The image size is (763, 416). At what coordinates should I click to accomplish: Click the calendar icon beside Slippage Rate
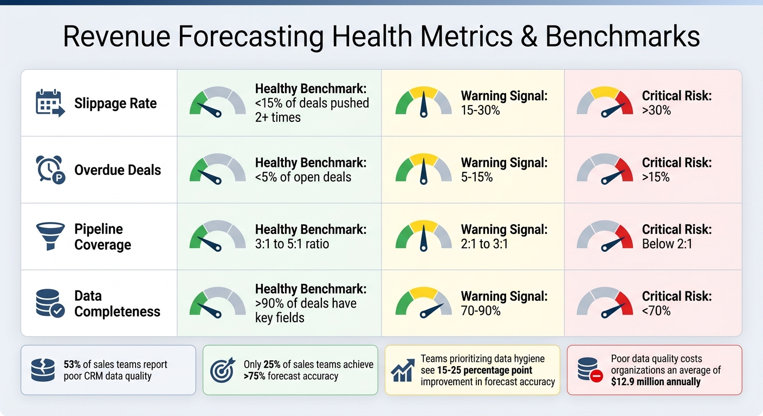click(x=50, y=103)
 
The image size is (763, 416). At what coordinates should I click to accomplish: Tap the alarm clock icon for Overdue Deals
click(x=50, y=170)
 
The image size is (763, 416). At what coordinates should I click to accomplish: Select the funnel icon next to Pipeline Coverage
click(x=50, y=237)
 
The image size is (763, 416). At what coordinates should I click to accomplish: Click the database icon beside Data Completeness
click(x=50, y=303)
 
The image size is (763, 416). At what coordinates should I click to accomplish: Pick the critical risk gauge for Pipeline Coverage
click(x=604, y=236)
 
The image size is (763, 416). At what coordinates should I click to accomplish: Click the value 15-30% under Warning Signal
click(x=480, y=110)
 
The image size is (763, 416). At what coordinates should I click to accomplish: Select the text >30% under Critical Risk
click(x=656, y=110)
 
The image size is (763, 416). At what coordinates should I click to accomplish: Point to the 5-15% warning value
click(x=477, y=177)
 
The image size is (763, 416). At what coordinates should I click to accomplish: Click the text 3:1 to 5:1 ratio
click(x=292, y=244)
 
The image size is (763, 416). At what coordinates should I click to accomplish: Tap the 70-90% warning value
click(x=481, y=311)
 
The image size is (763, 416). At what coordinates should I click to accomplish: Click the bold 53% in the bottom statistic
click(x=73, y=365)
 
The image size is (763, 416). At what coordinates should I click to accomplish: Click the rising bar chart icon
click(x=403, y=370)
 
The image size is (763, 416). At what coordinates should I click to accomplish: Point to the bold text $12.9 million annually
click(x=656, y=382)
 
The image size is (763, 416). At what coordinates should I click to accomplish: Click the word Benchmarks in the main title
click(x=622, y=37)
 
